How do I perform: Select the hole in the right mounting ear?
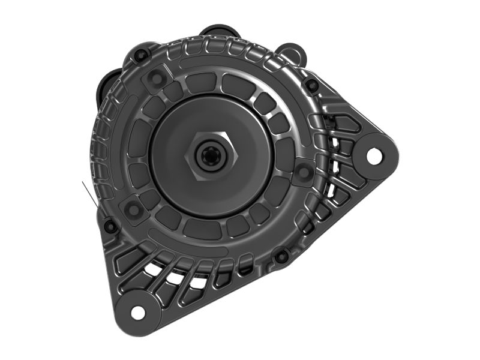[x=374, y=156]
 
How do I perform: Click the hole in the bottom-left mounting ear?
[x=137, y=312]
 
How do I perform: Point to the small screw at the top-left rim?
[x=142, y=56]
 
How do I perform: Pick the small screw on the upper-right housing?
[x=312, y=85]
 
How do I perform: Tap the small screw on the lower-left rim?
[x=110, y=226]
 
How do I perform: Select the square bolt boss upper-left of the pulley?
[x=157, y=79]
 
